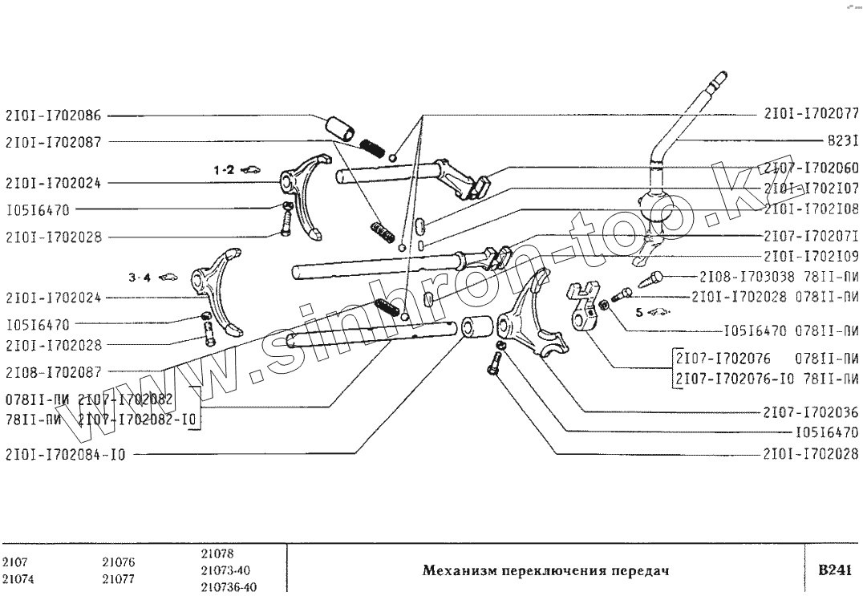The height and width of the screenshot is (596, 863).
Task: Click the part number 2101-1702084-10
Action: point(65,456)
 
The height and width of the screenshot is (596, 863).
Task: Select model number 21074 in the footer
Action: point(17,578)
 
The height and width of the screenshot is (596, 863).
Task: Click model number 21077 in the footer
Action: point(118,578)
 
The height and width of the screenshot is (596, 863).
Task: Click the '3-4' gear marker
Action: point(140,278)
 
